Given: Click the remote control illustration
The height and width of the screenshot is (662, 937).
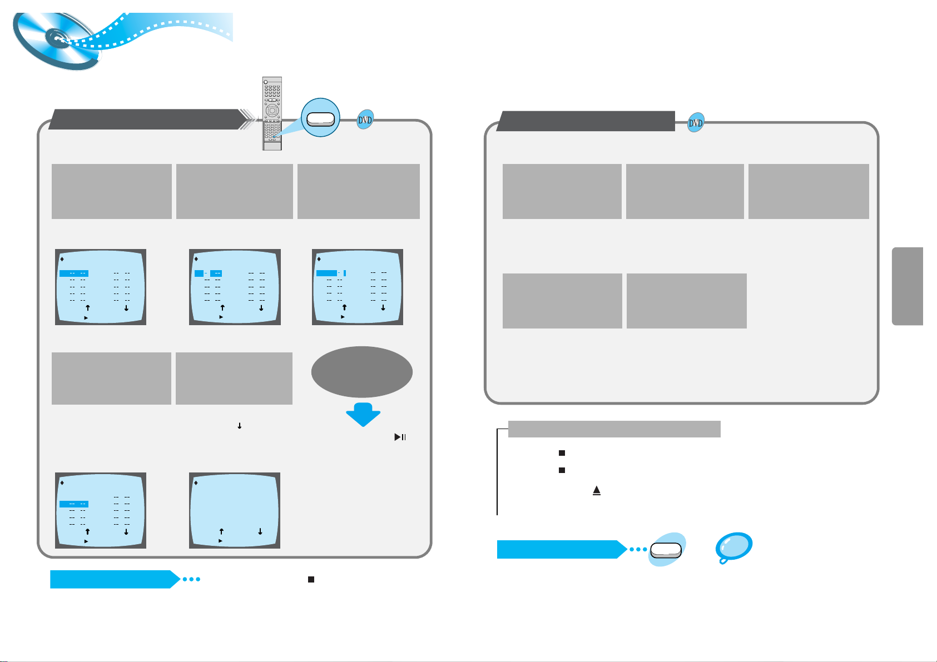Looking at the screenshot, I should (272, 113).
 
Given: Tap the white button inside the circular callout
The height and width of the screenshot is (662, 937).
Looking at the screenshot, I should (320, 118).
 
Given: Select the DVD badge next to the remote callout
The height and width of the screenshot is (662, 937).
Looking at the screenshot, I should (365, 120).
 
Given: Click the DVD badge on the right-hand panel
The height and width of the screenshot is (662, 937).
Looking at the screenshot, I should (696, 123).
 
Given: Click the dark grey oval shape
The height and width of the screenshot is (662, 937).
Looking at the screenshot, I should (362, 372).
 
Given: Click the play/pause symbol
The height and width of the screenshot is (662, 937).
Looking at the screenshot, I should (400, 437).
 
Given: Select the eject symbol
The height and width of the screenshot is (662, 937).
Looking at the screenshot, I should (597, 491).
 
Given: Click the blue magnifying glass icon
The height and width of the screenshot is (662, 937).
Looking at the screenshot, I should (733, 547).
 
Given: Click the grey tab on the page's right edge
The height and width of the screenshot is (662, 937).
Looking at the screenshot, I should (908, 286).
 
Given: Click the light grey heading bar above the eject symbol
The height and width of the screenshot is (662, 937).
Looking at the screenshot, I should (614, 429).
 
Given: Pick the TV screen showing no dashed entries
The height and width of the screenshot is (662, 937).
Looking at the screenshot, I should (234, 510).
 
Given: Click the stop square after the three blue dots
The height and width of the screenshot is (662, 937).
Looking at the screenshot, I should (311, 579).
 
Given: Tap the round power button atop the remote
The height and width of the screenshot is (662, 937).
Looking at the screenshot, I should (266, 82).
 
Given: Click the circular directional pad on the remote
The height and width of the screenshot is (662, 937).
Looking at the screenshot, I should (272, 109).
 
